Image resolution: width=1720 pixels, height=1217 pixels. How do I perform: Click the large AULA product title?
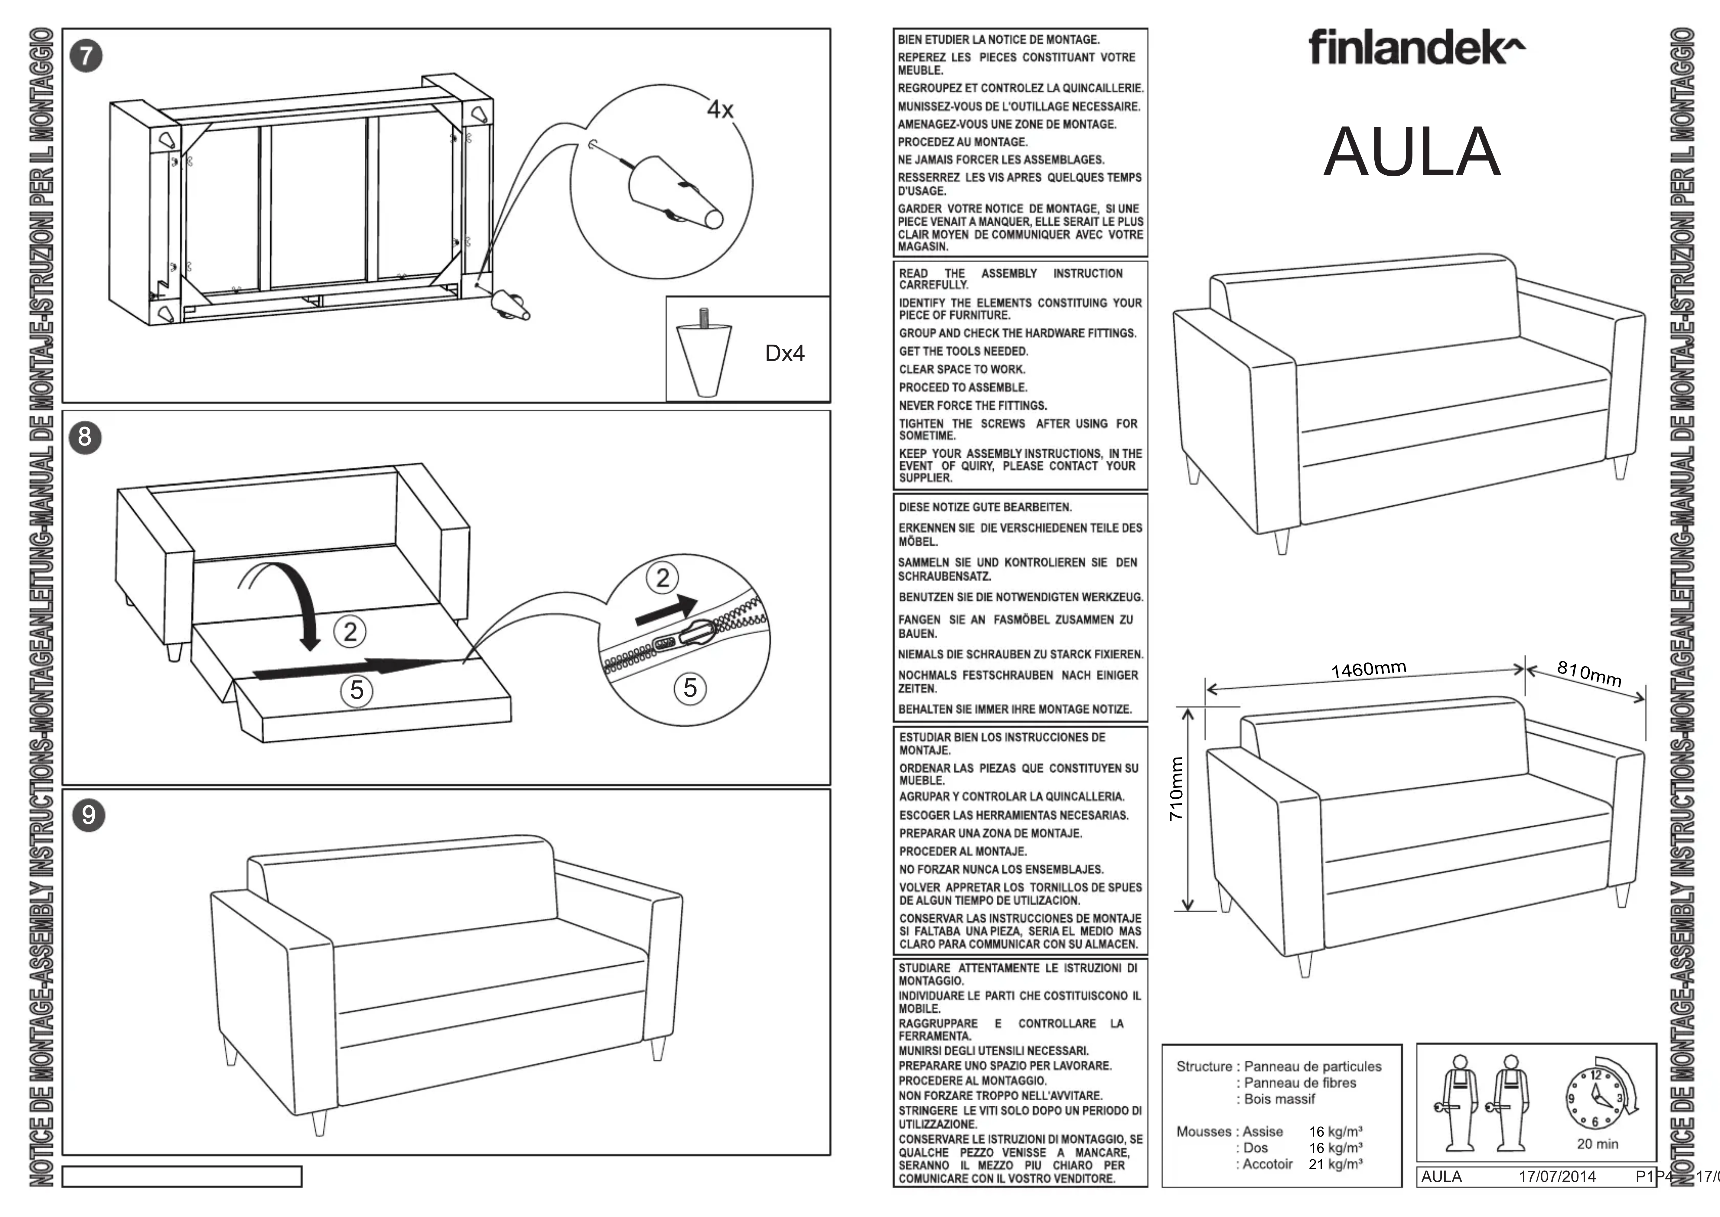click(x=1412, y=152)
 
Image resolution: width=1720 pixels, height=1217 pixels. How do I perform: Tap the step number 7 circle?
click(x=86, y=56)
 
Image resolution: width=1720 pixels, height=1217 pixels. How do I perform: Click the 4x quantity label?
click(x=720, y=110)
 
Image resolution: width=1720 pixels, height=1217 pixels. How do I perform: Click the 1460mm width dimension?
click(x=1369, y=669)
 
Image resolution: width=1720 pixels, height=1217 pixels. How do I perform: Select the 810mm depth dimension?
click(x=1589, y=674)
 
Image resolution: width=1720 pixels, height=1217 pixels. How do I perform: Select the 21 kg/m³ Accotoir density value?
click(x=1336, y=1164)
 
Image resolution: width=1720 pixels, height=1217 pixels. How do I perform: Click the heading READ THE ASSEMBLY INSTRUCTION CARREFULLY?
click(x=1011, y=279)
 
